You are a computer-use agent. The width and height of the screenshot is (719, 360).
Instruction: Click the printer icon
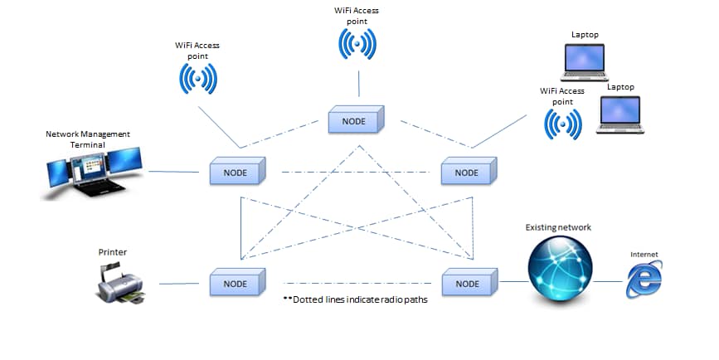[x=121, y=282]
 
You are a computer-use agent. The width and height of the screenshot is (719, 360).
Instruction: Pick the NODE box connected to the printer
[x=236, y=282]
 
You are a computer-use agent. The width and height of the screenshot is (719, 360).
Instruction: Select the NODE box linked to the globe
[x=468, y=282]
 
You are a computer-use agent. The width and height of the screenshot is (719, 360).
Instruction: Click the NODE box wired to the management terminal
[x=236, y=172]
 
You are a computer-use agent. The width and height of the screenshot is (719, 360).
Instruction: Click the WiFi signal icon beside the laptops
[x=562, y=123]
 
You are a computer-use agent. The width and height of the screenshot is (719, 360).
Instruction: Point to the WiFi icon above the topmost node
[x=357, y=44]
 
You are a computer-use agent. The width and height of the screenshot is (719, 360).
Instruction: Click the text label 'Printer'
[x=113, y=251]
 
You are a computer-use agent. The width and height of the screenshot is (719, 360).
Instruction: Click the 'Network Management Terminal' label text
[x=88, y=139]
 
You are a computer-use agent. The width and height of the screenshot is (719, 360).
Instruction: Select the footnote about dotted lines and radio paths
[x=355, y=300]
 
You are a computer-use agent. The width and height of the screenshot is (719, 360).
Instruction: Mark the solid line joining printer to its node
[x=177, y=283]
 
